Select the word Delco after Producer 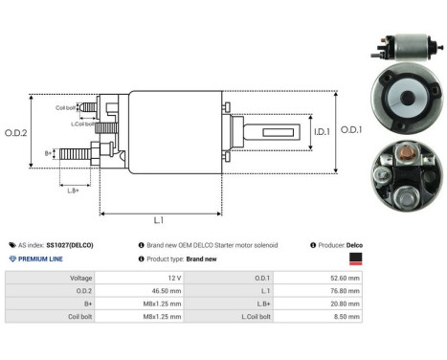353,245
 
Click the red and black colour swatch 354,258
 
